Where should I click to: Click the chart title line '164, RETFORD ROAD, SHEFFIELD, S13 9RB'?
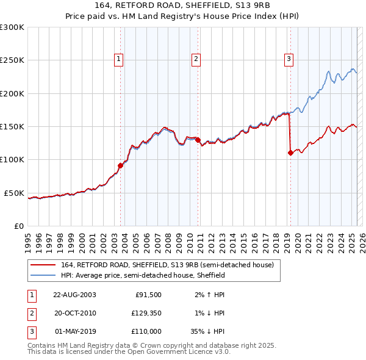[182, 5]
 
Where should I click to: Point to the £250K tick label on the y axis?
[13, 60]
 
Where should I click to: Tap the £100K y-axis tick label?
[13, 160]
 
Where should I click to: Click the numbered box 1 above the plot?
[118, 59]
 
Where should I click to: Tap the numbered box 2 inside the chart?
[196, 59]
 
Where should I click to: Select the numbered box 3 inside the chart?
[288, 59]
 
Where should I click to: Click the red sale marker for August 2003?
[121, 165]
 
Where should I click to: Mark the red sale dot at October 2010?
[198, 140]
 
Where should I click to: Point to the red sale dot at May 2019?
[290, 153]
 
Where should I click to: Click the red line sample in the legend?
[43, 265]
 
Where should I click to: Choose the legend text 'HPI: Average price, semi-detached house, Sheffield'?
[143, 276]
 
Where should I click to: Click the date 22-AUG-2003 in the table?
[75, 295]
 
